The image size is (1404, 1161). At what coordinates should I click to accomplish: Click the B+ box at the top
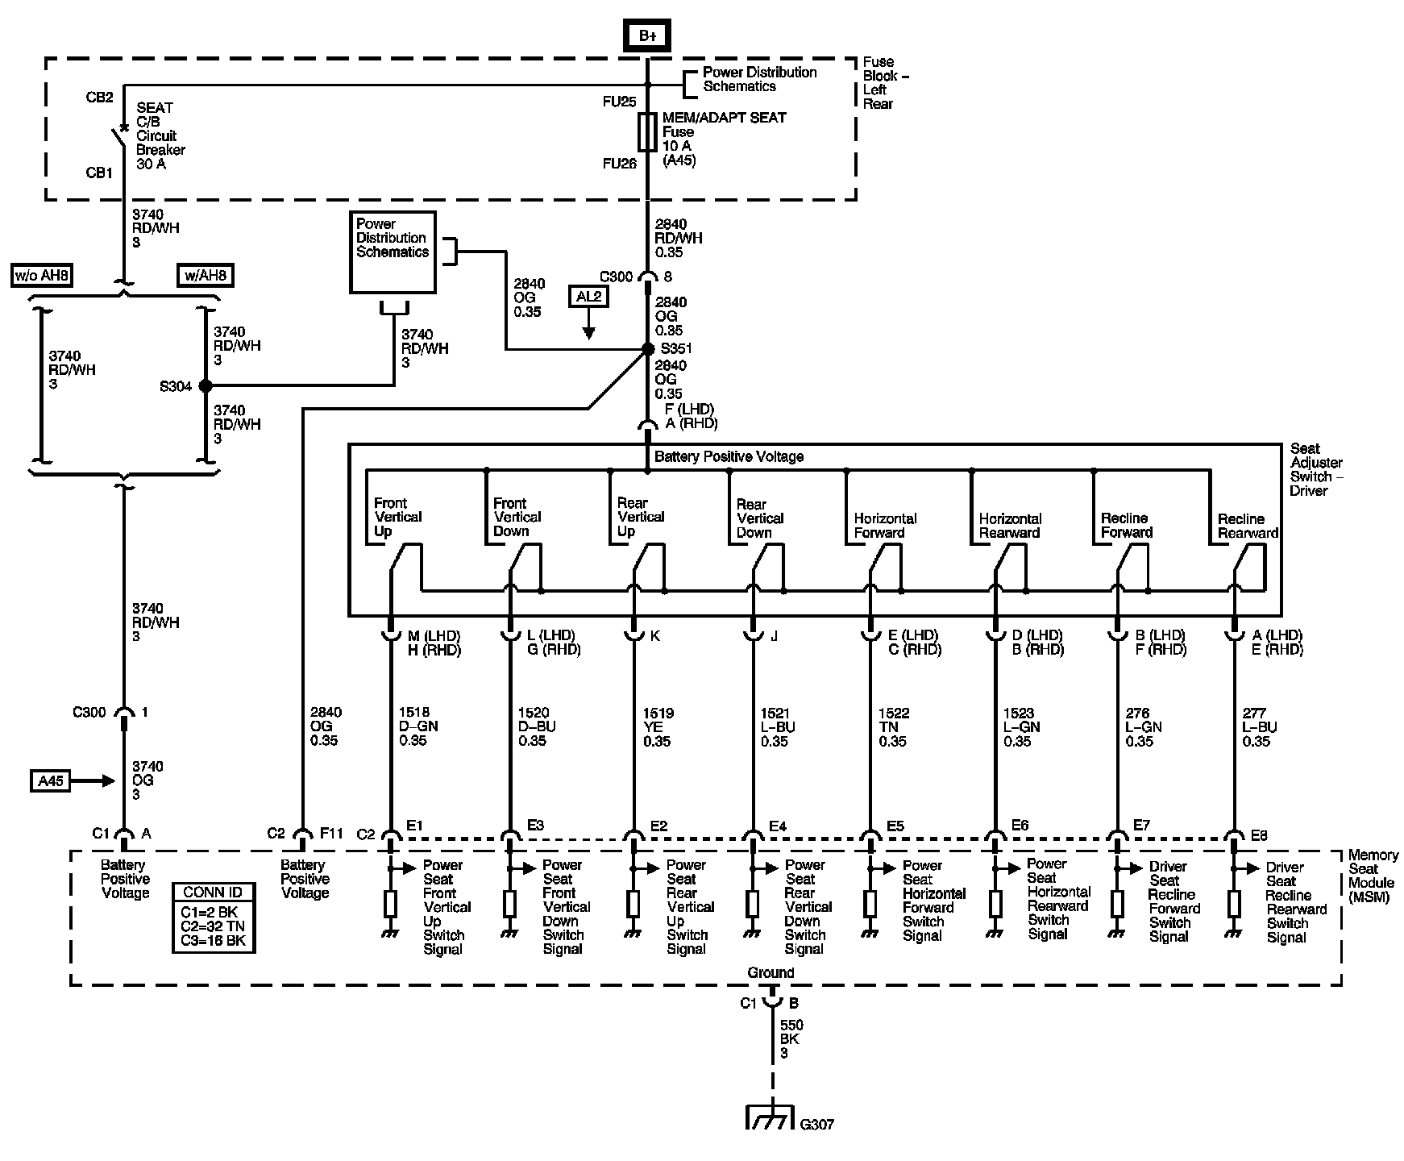[x=646, y=35]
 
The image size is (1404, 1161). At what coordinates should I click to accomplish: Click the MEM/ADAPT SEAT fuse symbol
[x=647, y=132]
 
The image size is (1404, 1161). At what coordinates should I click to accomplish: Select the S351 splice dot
[x=647, y=349]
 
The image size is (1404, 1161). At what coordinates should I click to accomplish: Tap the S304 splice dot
[x=206, y=386]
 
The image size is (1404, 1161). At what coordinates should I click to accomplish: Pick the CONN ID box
[x=214, y=918]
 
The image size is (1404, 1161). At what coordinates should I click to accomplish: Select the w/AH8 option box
[x=206, y=276]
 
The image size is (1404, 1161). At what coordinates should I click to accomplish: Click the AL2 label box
[x=588, y=297]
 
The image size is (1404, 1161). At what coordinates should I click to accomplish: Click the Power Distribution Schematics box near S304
[x=393, y=252]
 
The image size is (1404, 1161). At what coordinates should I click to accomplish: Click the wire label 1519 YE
[x=658, y=726]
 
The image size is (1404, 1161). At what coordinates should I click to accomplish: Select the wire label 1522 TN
[x=894, y=726]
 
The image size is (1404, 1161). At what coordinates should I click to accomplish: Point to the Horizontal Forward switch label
[x=885, y=526]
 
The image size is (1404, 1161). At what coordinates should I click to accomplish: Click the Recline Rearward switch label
[x=1248, y=526]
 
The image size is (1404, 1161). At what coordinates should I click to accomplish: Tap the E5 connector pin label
[x=895, y=826]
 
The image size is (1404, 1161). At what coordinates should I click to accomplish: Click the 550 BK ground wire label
[x=791, y=1038]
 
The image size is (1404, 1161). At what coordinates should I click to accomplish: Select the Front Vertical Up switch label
[x=397, y=517]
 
